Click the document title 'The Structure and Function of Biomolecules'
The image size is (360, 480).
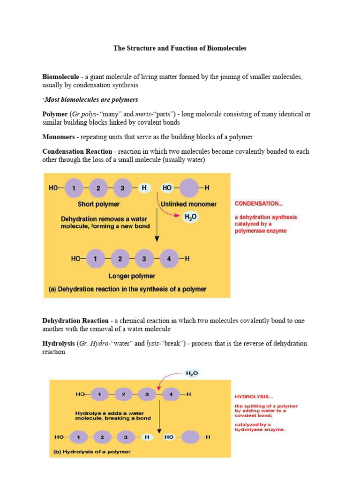coord(180,48)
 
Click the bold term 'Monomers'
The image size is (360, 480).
coord(58,137)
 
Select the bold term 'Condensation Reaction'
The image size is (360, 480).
coord(77,151)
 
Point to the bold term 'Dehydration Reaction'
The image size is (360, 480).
coord(75,321)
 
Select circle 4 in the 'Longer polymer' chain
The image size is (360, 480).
coord(169,258)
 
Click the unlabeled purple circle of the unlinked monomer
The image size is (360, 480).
coord(188,187)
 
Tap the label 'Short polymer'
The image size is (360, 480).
coord(98,204)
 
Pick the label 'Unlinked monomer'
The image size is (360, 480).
coord(188,204)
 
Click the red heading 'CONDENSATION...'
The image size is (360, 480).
coord(259,204)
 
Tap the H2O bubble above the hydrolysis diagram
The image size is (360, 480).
coord(192,373)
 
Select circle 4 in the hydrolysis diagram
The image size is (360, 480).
coord(171,395)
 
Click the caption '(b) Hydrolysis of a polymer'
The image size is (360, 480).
coord(91,452)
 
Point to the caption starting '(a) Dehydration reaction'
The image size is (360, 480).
coord(127,289)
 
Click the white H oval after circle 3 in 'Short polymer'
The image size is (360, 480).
coord(144,187)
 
